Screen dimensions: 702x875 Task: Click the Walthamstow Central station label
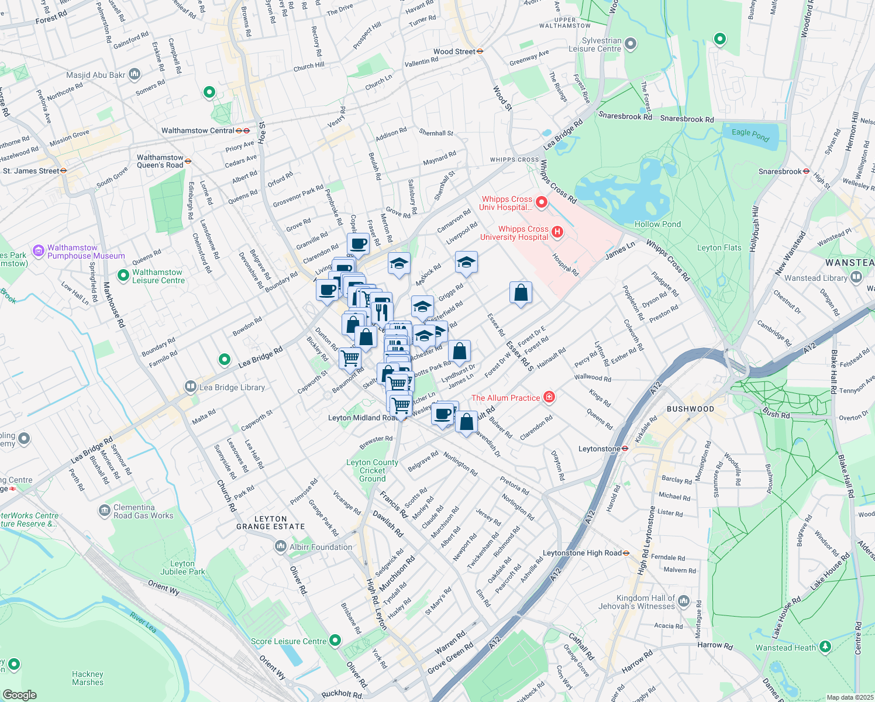[x=198, y=130]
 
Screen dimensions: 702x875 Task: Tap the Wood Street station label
[x=454, y=51]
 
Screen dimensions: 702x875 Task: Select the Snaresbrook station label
[x=780, y=171]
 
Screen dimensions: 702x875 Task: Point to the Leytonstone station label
[x=599, y=449]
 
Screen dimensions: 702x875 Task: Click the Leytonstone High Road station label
[x=582, y=553]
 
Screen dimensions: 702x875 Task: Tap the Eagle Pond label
[x=750, y=135]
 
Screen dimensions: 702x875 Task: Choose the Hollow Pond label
[x=657, y=224]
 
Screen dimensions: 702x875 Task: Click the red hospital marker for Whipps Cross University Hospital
[x=557, y=232]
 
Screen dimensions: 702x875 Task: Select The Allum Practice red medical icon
[x=549, y=398]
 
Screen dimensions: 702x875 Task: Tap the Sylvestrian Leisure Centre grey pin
[x=631, y=44]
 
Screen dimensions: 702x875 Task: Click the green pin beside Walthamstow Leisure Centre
[x=123, y=275]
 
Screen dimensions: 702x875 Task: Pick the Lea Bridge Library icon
[x=190, y=387]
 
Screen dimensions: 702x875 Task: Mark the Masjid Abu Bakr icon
[x=135, y=74]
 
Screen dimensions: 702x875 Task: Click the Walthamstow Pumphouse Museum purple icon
[x=39, y=251]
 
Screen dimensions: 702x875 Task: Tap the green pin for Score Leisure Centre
[x=335, y=641]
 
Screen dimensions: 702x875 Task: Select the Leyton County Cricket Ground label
[x=372, y=470]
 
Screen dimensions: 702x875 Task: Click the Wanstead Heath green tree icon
[x=825, y=647]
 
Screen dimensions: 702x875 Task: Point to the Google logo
[x=19, y=694]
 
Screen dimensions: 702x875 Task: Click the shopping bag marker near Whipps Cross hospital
[x=521, y=292]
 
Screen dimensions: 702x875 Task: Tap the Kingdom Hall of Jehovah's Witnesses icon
[x=683, y=602]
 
